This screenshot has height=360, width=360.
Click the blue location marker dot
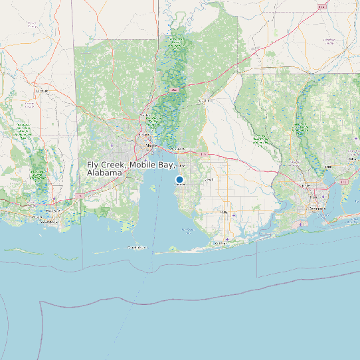point(179,179)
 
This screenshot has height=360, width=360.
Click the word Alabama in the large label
point(104,173)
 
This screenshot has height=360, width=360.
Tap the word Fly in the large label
point(94,164)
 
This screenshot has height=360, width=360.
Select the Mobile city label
point(151,143)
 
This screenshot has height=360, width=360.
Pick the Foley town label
point(223,212)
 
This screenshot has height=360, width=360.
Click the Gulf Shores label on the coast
point(219,243)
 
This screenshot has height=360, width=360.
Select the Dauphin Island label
point(137,247)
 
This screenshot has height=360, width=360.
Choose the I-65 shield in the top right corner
point(321,7)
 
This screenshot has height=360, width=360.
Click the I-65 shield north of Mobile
point(174,88)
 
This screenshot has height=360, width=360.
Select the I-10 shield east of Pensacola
point(344,181)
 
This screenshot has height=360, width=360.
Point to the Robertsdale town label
point(211,179)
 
